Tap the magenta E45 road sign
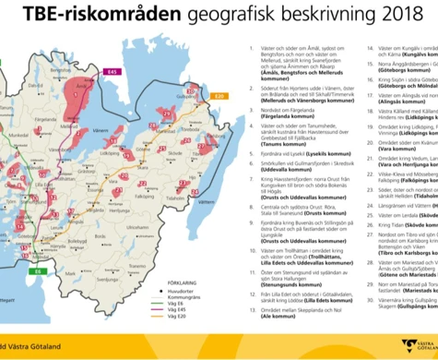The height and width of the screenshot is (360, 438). (x=113, y=70)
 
